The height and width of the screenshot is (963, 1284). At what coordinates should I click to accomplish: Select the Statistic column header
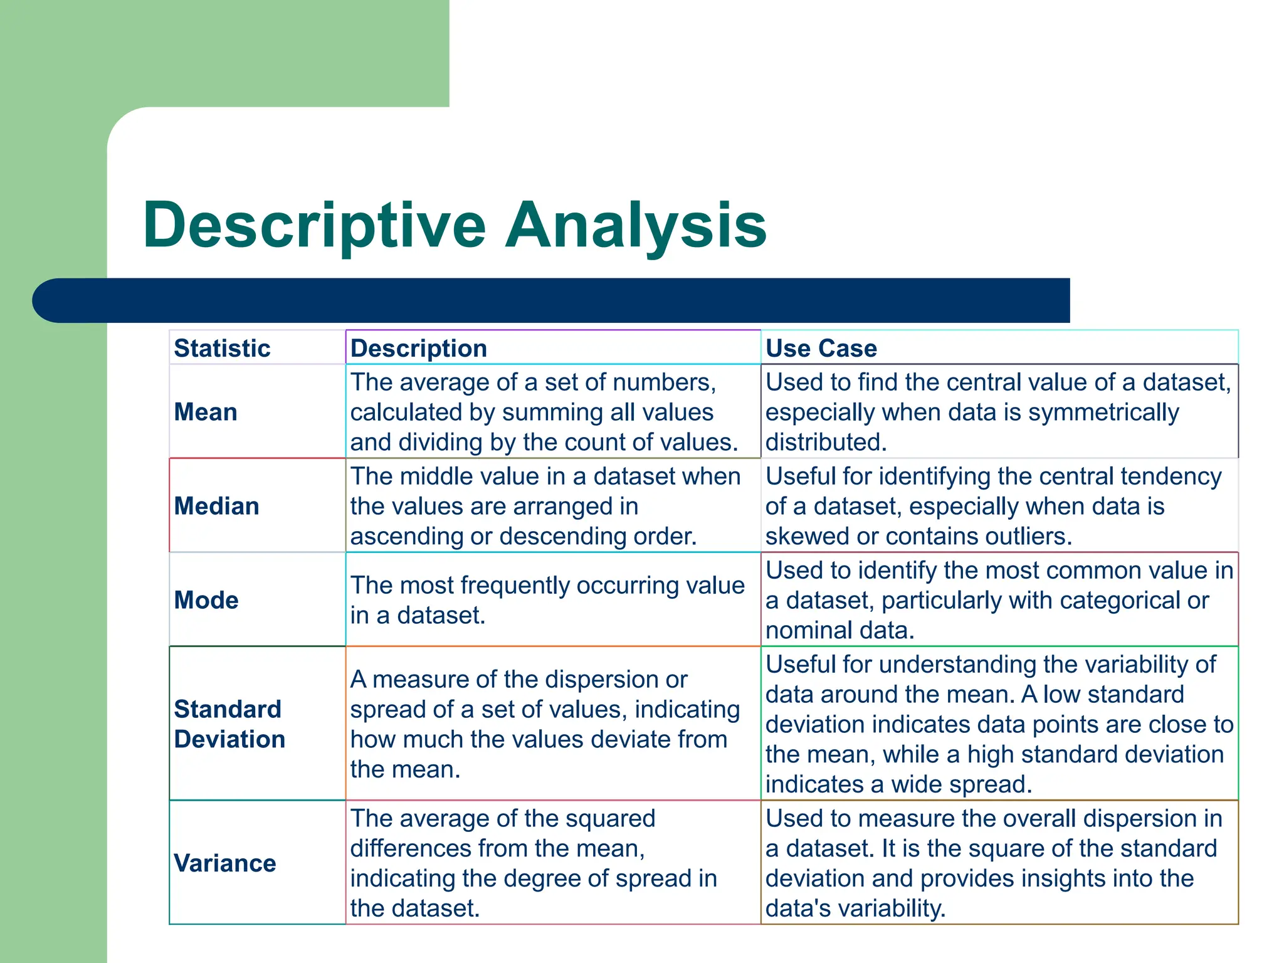[x=222, y=348]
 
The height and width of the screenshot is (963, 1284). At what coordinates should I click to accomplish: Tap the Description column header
[x=418, y=348]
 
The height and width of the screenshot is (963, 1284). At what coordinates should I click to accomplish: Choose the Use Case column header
[x=821, y=348]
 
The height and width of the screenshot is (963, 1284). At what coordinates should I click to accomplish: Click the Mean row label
[x=206, y=412]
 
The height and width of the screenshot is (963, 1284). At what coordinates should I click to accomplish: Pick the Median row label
[x=216, y=506]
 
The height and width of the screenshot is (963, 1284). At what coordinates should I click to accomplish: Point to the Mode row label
[x=206, y=600]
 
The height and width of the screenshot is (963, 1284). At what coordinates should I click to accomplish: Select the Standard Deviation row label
[x=229, y=724]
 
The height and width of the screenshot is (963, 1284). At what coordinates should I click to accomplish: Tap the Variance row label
[x=224, y=863]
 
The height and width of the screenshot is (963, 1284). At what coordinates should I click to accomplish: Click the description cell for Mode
[x=547, y=600]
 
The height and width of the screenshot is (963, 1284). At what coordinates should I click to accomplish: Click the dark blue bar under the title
[x=552, y=300]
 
